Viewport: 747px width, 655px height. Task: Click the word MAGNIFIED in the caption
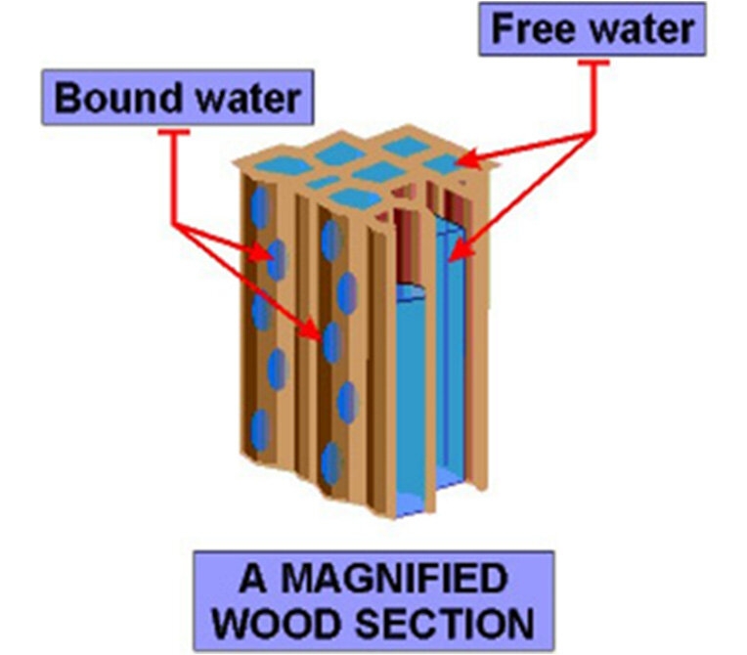[394, 578]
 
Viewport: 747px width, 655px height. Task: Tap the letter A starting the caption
[252, 578]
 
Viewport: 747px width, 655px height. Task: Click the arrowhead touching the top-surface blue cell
[469, 160]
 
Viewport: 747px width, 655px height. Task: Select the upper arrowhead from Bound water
[262, 253]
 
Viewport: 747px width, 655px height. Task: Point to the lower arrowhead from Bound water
[312, 329]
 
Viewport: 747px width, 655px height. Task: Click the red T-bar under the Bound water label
[174, 132]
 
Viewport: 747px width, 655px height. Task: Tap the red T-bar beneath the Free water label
[593, 63]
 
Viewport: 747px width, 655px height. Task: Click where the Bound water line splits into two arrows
[174, 223]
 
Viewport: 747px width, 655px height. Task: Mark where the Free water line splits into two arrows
[593, 134]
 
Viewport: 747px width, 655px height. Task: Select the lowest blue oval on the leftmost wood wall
[261, 430]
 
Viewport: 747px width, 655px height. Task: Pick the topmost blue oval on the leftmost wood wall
[261, 207]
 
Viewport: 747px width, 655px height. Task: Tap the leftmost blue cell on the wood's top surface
[282, 167]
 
